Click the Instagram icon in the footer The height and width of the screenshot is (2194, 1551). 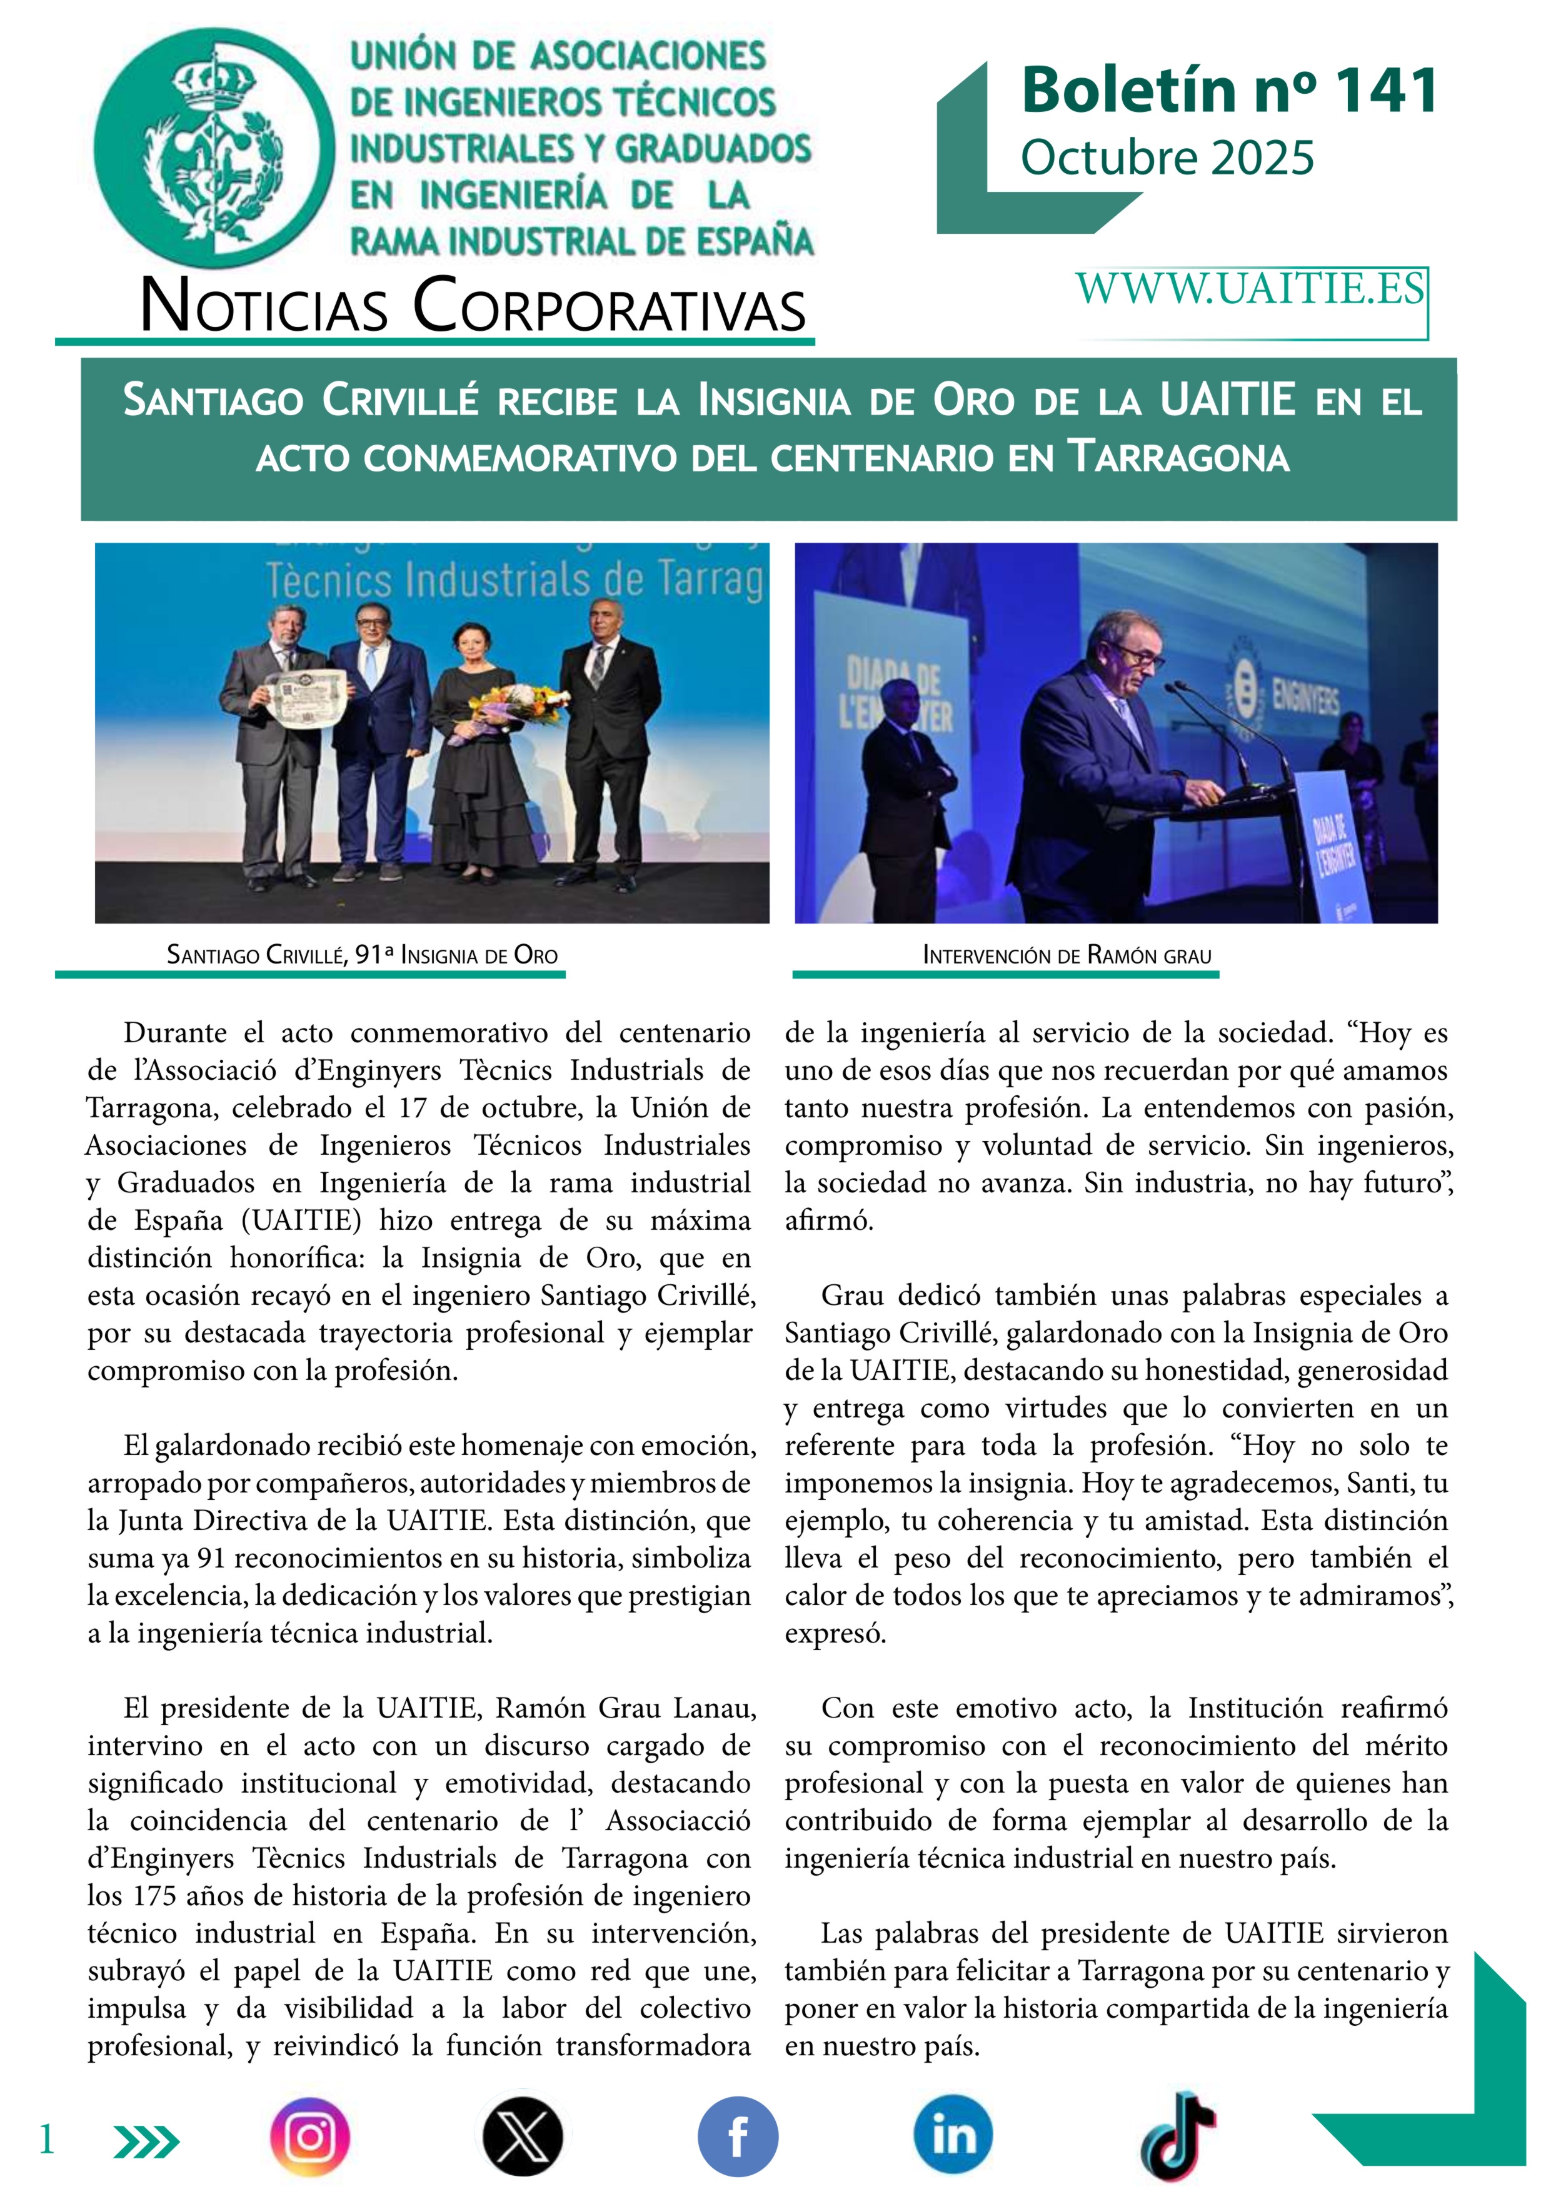[309, 2136]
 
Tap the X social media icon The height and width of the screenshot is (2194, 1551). [522, 2136]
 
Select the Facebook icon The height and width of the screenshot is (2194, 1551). [737, 2136]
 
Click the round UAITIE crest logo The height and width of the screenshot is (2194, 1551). [214, 147]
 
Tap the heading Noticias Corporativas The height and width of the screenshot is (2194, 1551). [473, 306]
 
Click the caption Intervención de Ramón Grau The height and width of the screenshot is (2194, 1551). [1067, 955]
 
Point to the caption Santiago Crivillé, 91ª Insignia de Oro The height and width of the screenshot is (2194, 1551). [362, 955]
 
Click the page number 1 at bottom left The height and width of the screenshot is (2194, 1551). [46, 2140]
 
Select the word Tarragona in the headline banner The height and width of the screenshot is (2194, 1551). [1178, 457]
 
